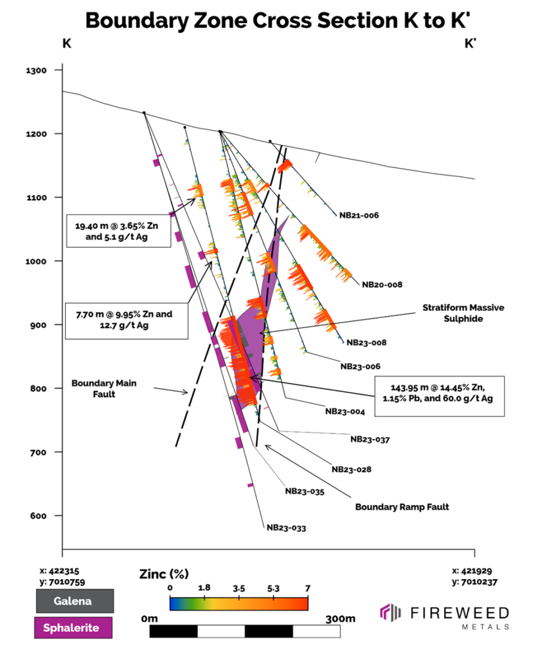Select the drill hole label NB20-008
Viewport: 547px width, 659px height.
tap(382, 284)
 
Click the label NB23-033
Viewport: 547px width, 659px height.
tap(286, 528)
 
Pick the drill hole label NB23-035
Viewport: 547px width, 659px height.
tap(304, 491)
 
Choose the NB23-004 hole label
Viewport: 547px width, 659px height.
tap(345, 411)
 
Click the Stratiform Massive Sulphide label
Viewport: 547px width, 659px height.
tap(463, 313)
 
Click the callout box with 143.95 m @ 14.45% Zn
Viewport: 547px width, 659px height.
tap(439, 393)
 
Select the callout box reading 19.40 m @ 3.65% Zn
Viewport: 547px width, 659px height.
tap(119, 230)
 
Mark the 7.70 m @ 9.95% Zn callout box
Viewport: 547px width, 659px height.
tap(126, 320)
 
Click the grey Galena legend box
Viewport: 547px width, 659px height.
tap(74, 601)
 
